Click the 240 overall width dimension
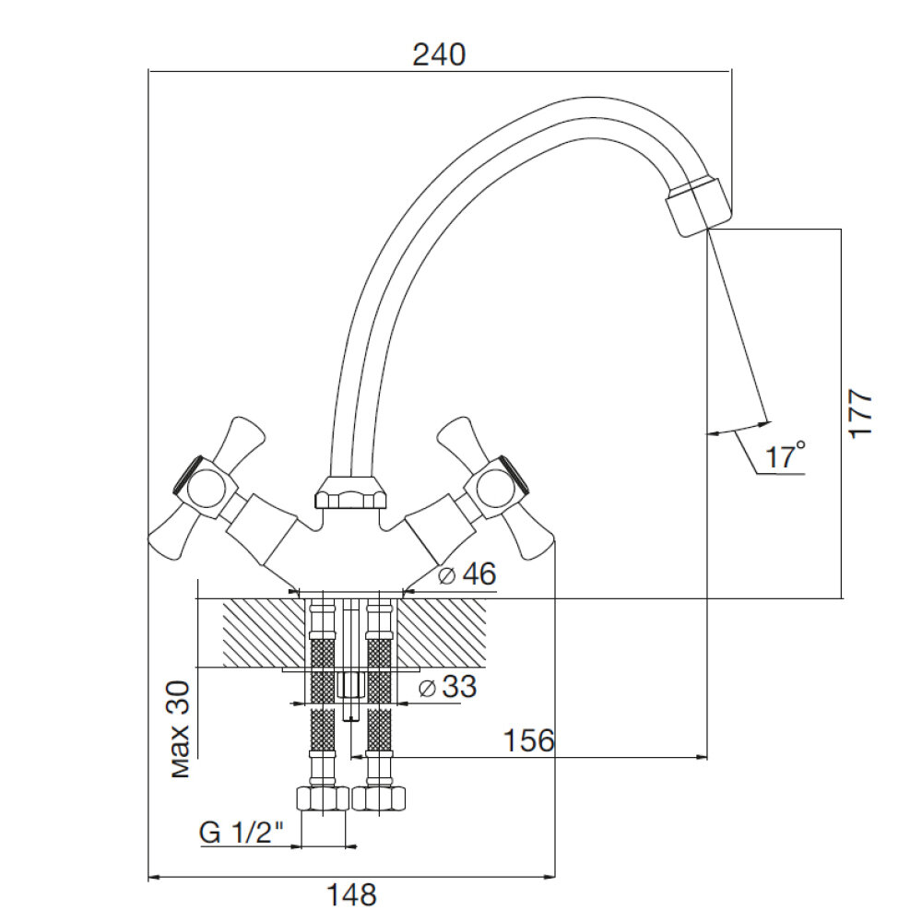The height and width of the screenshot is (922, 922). (x=439, y=54)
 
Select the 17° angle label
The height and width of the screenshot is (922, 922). (x=786, y=456)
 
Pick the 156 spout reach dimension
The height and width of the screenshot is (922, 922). (x=527, y=740)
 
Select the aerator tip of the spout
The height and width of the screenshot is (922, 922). (x=698, y=207)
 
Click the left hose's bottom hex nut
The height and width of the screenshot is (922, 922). (x=321, y=799)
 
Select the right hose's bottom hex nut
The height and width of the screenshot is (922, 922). (x=379, y=799)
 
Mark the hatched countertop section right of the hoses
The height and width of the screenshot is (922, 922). (x=443, y=632)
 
